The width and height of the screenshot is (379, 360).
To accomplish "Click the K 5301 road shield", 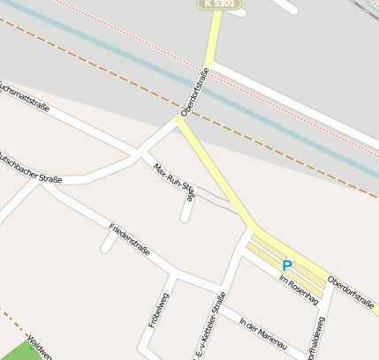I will coord(218,4).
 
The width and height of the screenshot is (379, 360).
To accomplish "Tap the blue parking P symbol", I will coord(286,265).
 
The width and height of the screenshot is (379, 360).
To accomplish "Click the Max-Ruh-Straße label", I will coord(172,181).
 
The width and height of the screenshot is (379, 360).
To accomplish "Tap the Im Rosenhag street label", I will coord(298,289).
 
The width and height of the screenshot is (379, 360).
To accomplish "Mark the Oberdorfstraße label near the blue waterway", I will coord(195,93).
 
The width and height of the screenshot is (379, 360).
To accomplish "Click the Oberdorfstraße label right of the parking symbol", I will coord(351,294).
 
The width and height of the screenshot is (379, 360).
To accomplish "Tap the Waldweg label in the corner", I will coord(40,349).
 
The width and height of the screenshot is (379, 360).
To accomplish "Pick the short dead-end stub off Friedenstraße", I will coord(106,245).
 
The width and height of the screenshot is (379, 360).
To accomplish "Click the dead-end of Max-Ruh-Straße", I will coord(185,217).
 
